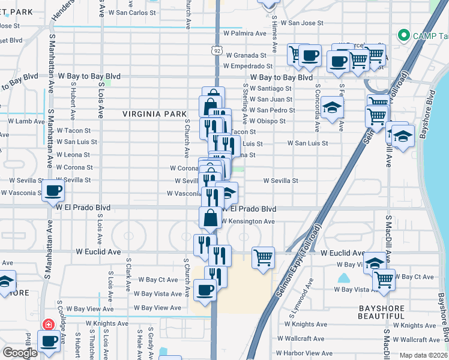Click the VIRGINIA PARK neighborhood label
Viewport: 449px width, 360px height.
(x=151, y=113)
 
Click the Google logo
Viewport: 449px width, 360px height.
(x=20, y=353)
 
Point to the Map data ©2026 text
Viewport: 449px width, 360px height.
(x=423, y=355)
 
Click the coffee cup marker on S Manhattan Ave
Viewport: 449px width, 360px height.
(x=53, y=191)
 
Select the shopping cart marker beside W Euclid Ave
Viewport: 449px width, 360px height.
(x=263, y=257)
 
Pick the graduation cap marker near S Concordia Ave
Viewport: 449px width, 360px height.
(x=331, y=108)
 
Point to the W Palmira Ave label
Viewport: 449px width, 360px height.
(x=244, y=34)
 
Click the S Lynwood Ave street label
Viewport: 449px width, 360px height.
(x=310, y=295)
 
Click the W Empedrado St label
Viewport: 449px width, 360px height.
(x=248, y=66)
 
